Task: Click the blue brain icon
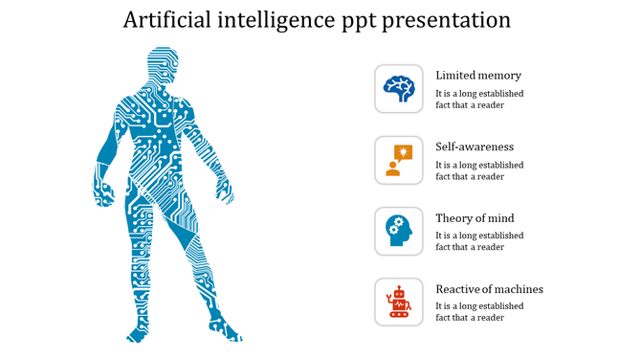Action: [399, 89]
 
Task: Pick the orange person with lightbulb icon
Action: [399, 160]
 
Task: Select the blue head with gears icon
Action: [399, 231]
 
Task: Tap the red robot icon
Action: [399, 302]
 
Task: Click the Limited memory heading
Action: [478, 76]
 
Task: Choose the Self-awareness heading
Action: [475, 147]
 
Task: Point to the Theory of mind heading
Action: [475, 218]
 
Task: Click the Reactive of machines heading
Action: [489, 289]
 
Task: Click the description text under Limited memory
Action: [479, 100]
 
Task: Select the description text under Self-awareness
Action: [479, 170]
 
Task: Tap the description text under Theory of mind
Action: [479, 241]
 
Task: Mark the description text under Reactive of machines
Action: [479, 312]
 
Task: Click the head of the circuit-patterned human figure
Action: [163, 69]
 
